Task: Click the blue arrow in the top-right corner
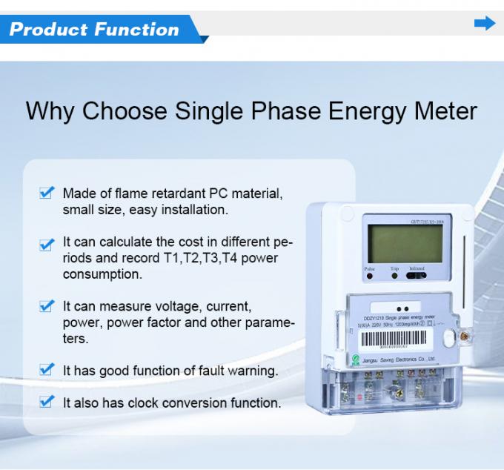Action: [484, 24]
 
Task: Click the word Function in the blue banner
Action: [136, 30]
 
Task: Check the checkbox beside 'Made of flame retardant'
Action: [47, 193]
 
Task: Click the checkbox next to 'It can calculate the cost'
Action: [47, 243]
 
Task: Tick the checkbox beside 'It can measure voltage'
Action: [47, 306]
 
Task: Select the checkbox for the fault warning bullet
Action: [47, 370]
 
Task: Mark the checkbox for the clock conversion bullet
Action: [47, 403]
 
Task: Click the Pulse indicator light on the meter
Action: [369, 277]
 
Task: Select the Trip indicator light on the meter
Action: [395, 277]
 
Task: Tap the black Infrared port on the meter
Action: [417, 277]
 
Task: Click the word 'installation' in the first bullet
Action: [195, 210]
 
